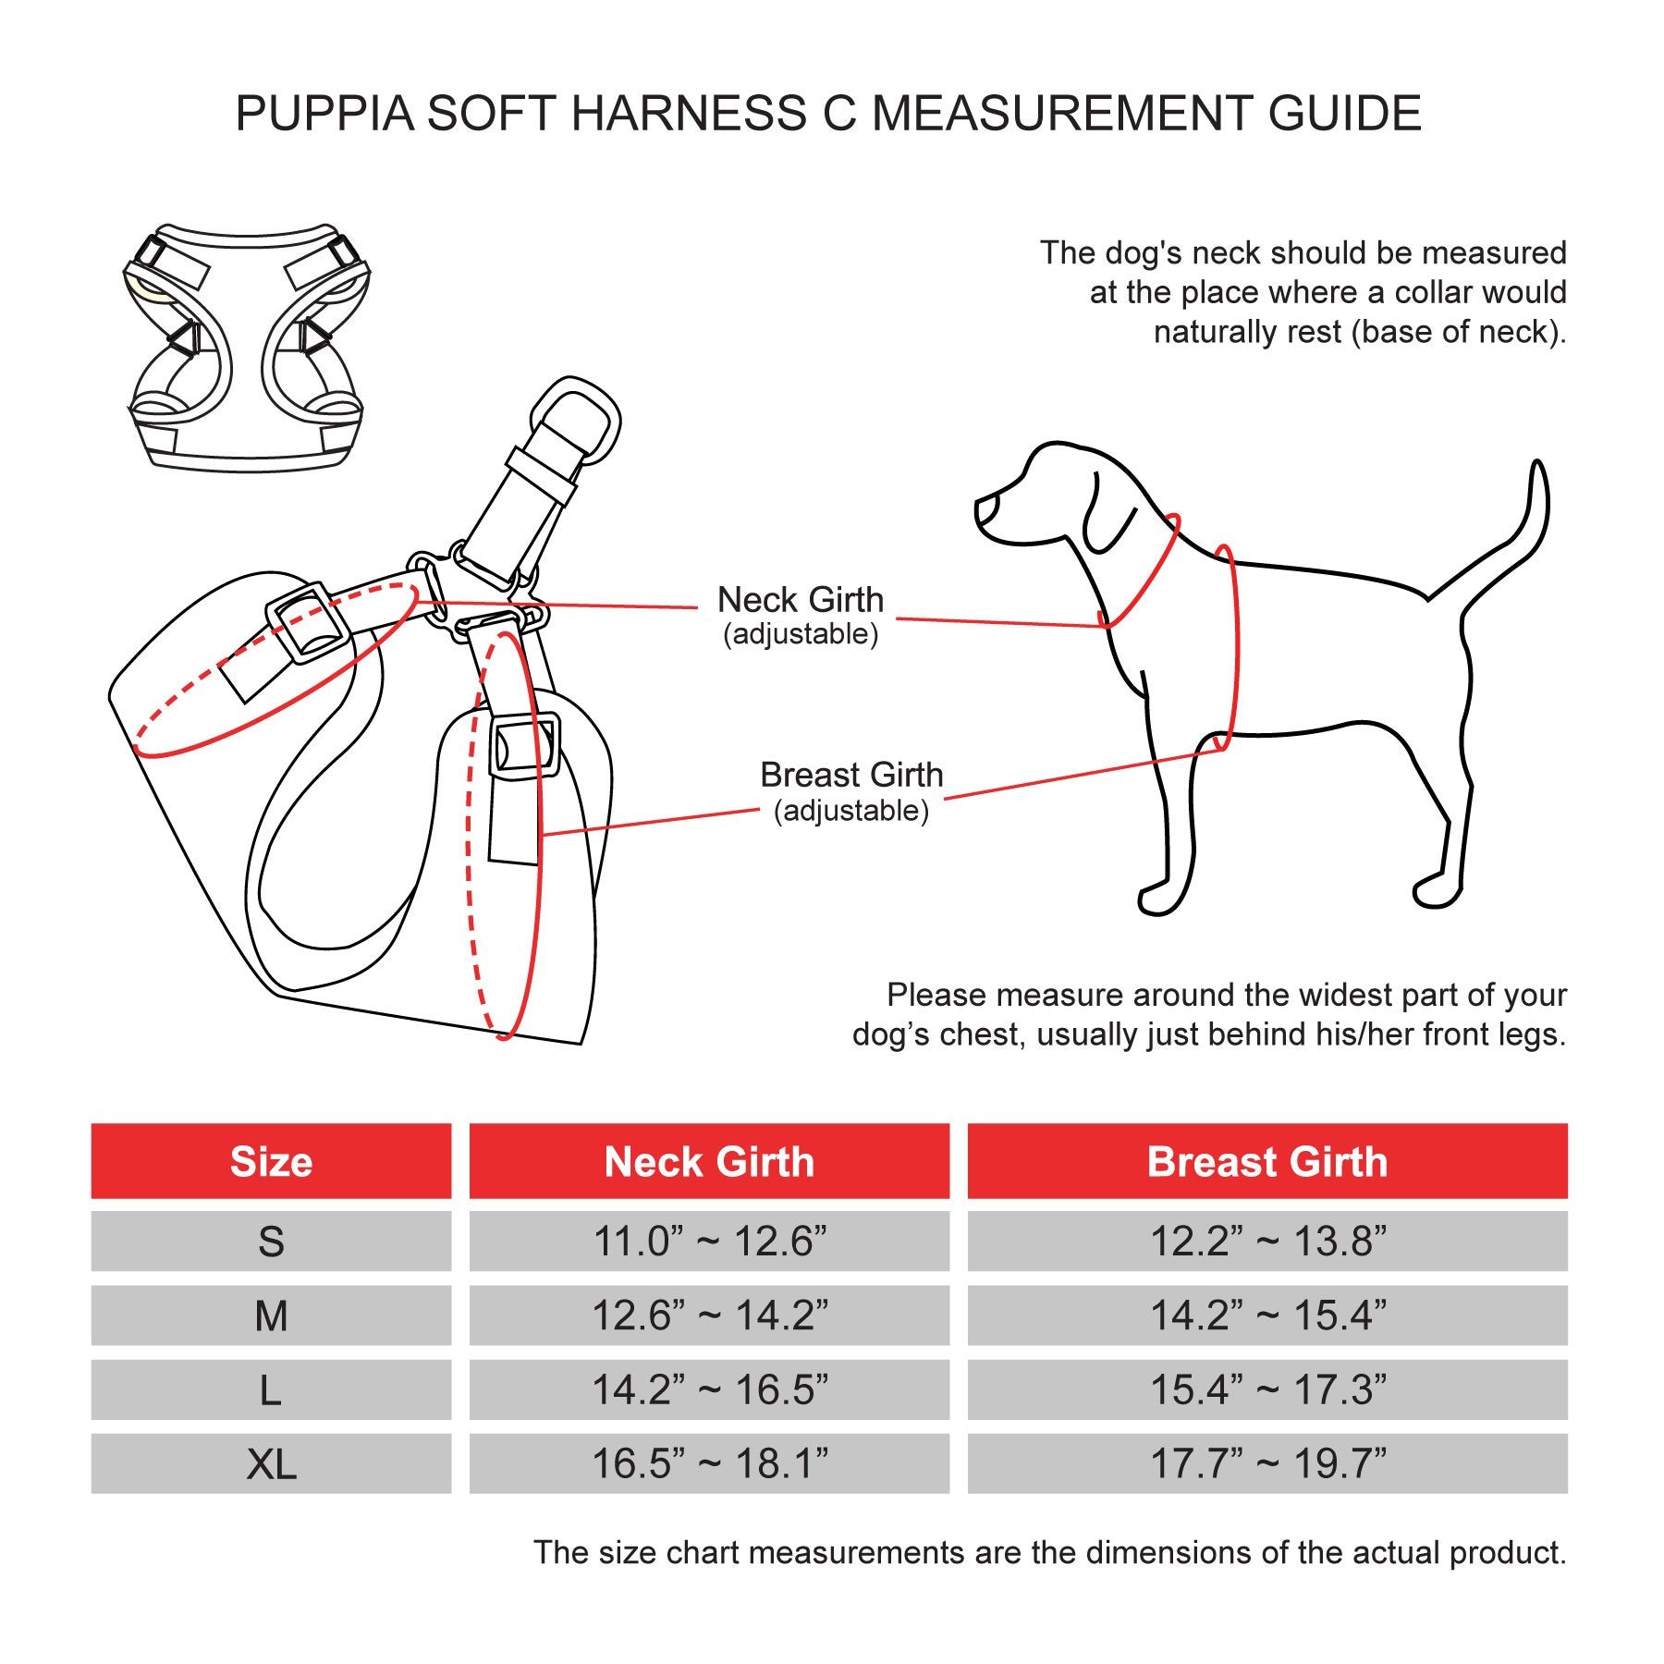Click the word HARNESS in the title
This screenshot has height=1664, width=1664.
(689, 114)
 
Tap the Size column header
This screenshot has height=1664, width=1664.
(271, 1162)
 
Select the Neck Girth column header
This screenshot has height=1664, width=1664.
(709, 1162)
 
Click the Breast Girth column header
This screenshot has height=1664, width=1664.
(1267, 1162)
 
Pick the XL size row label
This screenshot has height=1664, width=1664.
(271, 1464)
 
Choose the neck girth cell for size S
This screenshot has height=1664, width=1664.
(709, 1241)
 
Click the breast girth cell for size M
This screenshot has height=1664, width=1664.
(1267, 1315)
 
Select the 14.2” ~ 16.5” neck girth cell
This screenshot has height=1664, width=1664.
(709, 1389)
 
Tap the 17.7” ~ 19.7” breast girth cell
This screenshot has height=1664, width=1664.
(1267, 1464)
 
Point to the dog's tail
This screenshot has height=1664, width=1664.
(1516, 536)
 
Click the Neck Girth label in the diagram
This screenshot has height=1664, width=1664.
(801, 600)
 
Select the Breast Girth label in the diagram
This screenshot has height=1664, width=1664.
(851, 775)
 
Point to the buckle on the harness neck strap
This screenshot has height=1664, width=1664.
(307, 621)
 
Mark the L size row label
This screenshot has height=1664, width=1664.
(271, 1389)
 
